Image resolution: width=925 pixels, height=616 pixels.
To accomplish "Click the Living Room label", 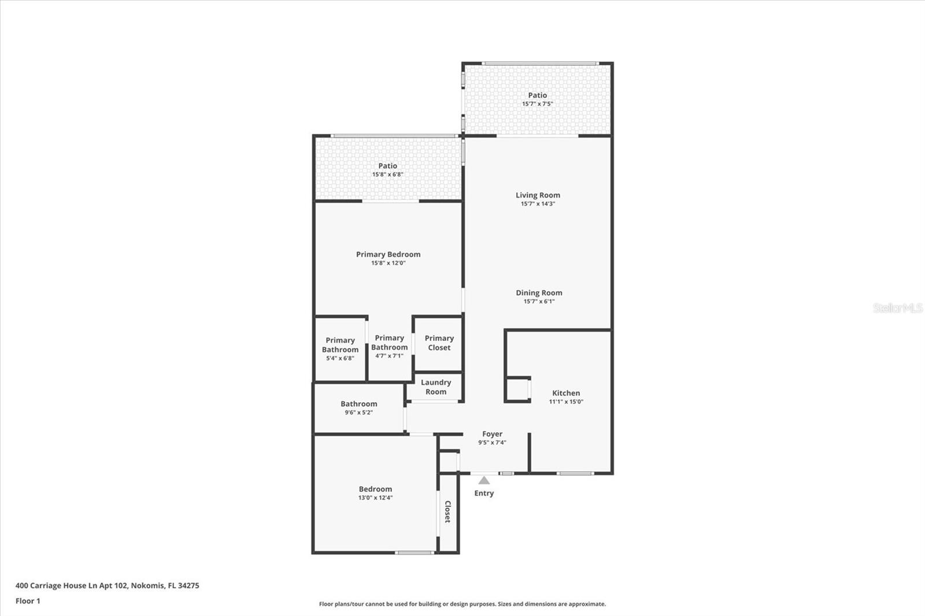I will tap(538, 195).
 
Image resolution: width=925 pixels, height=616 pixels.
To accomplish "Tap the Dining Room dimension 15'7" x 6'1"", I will tap(539, 301).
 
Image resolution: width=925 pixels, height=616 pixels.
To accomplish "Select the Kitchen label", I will tap(566, 393).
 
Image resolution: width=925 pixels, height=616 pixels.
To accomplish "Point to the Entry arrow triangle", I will tap(484, 480).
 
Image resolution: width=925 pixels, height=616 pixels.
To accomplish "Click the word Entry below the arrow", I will tap(484, 493).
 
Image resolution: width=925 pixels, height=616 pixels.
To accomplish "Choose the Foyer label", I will tap(492, 434).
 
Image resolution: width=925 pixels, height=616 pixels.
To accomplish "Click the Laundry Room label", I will tap(436, 387).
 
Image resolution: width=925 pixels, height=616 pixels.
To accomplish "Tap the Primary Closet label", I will tap(439, 343).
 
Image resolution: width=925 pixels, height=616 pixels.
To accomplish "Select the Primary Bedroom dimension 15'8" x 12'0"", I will tap(388, 263).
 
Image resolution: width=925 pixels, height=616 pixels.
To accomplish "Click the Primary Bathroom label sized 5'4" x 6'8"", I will tap(340, 345).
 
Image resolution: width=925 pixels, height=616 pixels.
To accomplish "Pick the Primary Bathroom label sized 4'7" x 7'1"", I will tap(390, 343).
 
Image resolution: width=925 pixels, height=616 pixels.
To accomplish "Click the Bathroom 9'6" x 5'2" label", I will tap(358, 404).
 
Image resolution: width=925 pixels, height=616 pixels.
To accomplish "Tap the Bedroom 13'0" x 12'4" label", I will tap(375, 489).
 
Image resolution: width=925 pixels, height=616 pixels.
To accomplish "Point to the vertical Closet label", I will tap(447, 512).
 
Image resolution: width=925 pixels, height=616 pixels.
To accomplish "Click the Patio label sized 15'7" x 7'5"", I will tap(537, 95).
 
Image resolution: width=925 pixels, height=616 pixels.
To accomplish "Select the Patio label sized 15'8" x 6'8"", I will tap(387, 166).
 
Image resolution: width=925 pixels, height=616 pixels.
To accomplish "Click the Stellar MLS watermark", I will tap(897, 308).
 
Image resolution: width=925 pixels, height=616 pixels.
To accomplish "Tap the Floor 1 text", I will tap(28, 601).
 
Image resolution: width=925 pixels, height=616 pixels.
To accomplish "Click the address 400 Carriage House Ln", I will tap(107, 585).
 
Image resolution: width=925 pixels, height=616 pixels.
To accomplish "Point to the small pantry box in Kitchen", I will tap(517, 390).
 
